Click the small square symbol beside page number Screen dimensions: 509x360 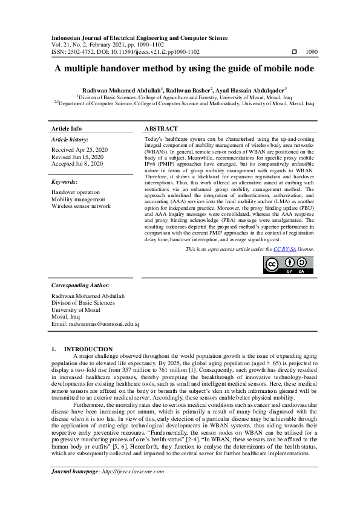coord(293,53)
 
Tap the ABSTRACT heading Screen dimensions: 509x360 coord(161,129)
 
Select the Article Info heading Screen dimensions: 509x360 coord(67,129)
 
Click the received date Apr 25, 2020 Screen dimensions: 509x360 coord(80,149)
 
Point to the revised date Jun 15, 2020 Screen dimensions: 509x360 coord(79,156)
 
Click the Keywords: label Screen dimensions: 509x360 coord(64,181)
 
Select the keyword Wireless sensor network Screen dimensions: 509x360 coord(81,206)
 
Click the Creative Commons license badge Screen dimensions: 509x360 coord(288,266)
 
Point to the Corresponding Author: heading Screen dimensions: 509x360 coord(80,285)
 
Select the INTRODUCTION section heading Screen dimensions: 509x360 coord(88,349)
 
